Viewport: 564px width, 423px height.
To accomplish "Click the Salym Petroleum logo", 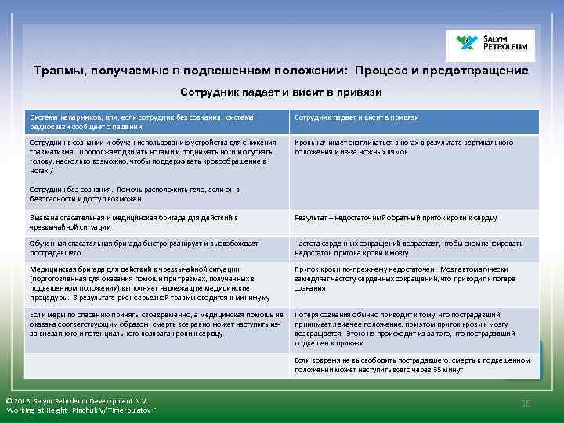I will click(490, 45).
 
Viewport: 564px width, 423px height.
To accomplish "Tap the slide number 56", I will click(526, 403).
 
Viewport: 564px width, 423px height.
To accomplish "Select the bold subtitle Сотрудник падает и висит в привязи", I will click(281, 92).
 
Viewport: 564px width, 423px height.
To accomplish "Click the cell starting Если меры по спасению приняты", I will click(157, 324).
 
